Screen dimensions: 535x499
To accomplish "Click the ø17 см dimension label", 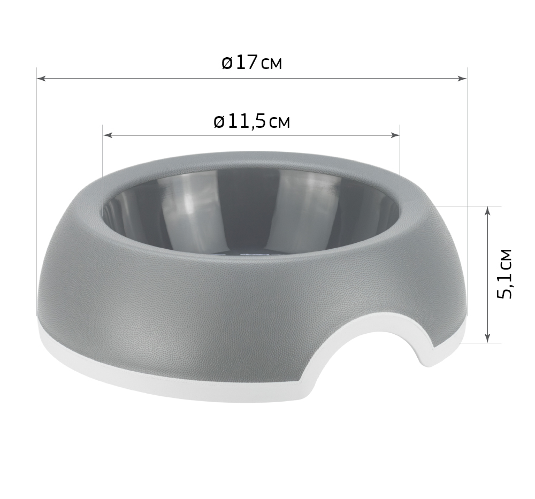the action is click(252, 63).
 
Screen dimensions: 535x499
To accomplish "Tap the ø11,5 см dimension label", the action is click(252, 122).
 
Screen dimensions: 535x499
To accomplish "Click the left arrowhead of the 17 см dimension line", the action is click(41, 79).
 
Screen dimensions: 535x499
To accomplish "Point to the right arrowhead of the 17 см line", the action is click(462, 79).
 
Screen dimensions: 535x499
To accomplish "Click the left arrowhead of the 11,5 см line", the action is click(108, 135).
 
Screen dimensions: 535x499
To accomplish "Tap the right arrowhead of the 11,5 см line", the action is click(395, 135).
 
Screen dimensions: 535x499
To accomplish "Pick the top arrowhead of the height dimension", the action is click(487, 211).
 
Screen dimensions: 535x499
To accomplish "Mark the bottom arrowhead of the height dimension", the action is click(487, 337).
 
